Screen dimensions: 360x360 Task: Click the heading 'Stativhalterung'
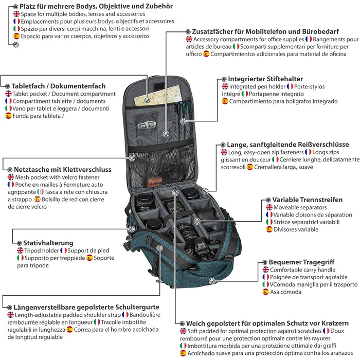tap(48, 242)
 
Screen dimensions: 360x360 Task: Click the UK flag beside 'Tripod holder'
tap(21, 250)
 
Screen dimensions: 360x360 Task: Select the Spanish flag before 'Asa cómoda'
tap(266, 292)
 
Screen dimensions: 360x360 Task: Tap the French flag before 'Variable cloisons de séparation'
tap(269, 214)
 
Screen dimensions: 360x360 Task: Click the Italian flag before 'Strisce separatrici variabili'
tap(269, 222)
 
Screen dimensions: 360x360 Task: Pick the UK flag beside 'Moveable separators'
tap(269, 207)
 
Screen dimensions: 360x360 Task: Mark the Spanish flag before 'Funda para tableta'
tap(8, 116)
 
